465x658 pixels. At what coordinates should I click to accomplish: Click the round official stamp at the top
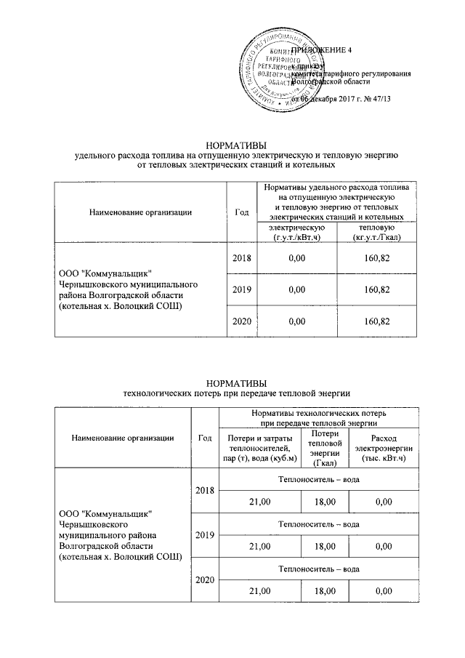(286, 68)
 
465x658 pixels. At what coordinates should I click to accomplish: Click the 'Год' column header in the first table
(242, 212)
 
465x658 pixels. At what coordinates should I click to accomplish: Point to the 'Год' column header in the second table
(204, 437)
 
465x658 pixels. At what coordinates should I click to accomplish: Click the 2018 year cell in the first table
(242, 257)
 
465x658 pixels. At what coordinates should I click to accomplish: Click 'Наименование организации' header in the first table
(141, 212)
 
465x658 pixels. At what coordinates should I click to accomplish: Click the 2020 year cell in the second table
(204, 579)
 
